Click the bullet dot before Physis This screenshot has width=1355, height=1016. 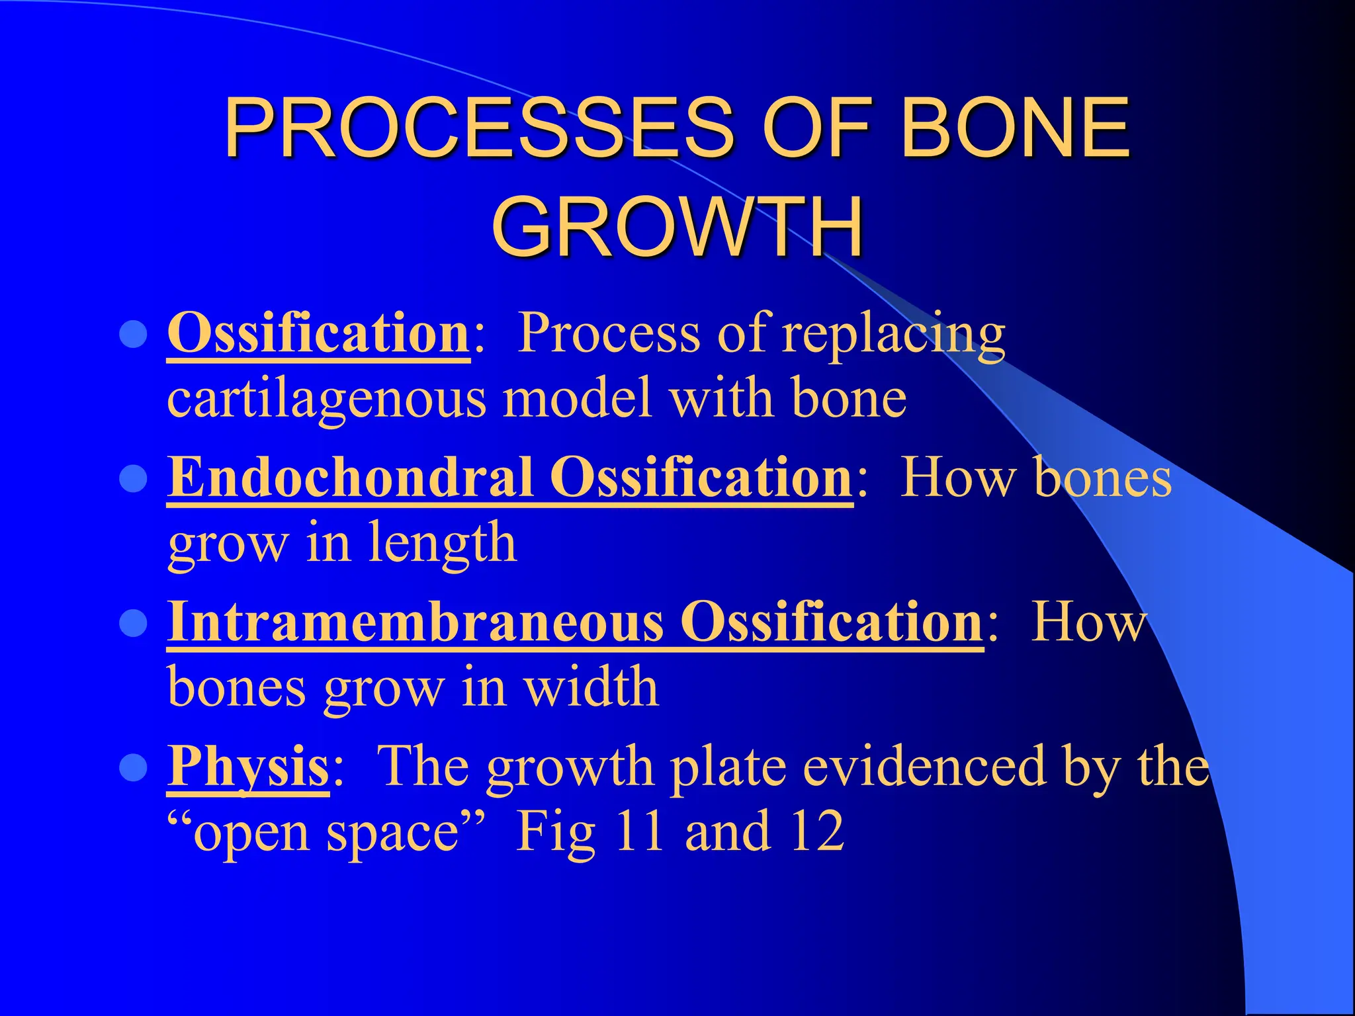[x=134, y=768]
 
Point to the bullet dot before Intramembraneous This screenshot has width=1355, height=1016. [x=134, y=623]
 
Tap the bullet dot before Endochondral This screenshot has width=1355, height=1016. [x=134, y=479]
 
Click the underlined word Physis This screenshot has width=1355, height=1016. [x=248, y=766]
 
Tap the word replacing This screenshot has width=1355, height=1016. [x=893, y=334]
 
